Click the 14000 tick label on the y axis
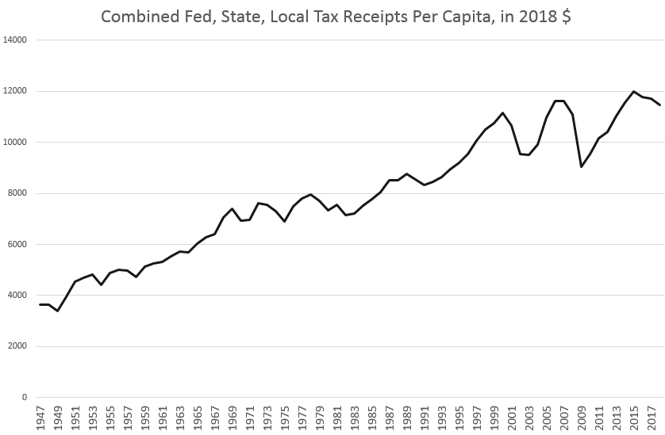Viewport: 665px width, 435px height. [x=14, y=40]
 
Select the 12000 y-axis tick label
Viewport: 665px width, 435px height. [x=14, y=91]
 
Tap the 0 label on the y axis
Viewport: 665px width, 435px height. [x=24, y=397]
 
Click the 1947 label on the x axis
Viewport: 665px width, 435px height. [x=40, y=418]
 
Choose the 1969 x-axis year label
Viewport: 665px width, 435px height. [x=232, y=418]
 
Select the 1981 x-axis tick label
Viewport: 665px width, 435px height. [x=336, y=418]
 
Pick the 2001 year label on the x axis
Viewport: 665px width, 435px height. [x=511, y=418]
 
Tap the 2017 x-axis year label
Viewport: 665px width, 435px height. [x=651, y=418]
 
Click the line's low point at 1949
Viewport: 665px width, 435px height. [x=58, y=311]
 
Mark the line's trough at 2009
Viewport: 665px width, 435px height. [x=581, y=166]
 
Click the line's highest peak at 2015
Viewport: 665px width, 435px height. [x=633, y=91]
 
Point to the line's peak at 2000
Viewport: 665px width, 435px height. [x=502, y=113]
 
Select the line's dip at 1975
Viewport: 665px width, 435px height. [x=284, y=221]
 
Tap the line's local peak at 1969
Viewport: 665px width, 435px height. [x=232, y=208]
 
